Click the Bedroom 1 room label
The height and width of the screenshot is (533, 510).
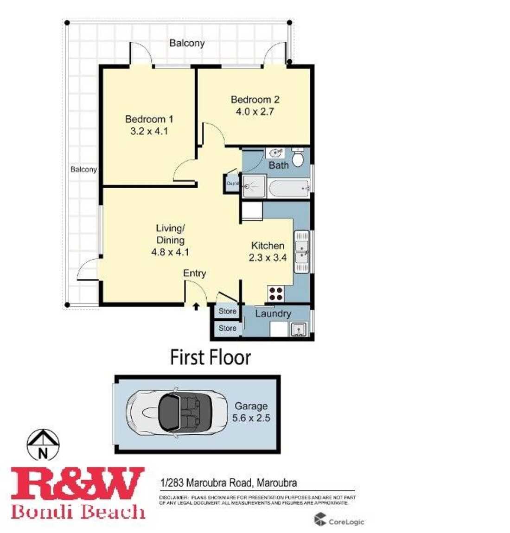coord(149,119)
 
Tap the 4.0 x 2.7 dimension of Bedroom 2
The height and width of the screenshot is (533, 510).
coord(255,112)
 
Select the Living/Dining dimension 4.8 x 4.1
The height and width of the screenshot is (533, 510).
coord(170,253)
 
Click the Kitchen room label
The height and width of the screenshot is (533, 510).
coord(268,246)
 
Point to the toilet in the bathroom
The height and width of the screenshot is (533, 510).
coord(298,158)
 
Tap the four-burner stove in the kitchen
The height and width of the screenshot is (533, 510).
coord(276,294)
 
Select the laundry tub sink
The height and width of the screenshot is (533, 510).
coord(299,330)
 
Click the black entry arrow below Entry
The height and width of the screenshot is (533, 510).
coord(196,306)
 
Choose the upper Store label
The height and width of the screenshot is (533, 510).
coord(227,311)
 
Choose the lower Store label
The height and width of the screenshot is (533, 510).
coord(227,328)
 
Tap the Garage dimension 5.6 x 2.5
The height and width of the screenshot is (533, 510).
coord(251,418)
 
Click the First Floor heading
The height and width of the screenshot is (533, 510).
coord(210,358)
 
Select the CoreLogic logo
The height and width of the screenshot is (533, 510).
coord(339,521)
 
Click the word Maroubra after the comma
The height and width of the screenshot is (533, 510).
coord(276,482)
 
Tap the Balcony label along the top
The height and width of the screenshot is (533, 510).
coord(187,43)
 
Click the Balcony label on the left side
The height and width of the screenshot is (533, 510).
coord(83,170)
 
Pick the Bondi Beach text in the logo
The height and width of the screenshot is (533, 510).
coord(78,512)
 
